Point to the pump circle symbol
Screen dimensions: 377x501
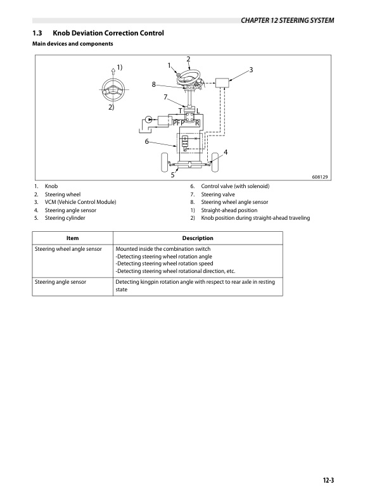148,119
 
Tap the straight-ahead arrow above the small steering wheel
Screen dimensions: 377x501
113,70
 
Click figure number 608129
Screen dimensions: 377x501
319,177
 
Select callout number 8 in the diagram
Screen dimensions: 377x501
153,84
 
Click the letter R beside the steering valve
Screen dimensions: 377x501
197,122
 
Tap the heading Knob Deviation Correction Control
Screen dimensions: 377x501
108,33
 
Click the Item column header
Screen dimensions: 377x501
72,238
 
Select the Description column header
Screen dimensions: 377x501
197,238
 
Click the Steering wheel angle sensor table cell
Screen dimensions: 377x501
68,250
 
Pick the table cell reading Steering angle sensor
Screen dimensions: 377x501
61,282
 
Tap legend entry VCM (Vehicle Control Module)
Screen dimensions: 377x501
80,202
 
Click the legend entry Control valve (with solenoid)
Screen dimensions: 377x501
235,186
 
